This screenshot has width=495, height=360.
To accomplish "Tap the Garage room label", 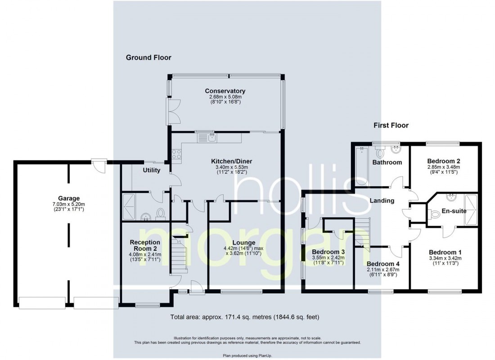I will pos(68,198).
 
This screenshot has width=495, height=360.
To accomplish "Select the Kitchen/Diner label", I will pos(232,161).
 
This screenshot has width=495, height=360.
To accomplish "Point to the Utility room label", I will pos(151,171).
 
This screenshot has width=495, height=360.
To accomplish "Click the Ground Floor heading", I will pos(148,57).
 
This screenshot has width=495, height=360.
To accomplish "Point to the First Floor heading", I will pos(391,126).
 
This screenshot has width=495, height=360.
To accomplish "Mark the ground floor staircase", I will pos(179,256).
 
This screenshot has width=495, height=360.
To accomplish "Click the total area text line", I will pos(245,317).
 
